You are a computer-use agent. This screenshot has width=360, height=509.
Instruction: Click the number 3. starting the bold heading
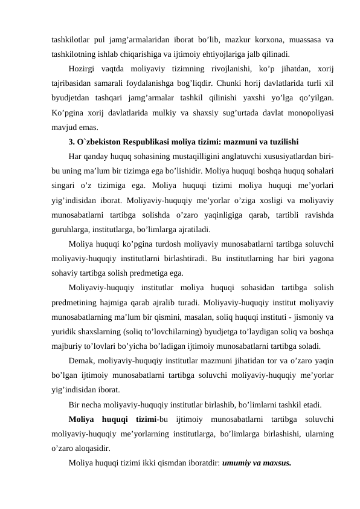tap(72, 143)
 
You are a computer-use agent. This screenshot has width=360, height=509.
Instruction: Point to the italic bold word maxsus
tap(276, 464)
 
